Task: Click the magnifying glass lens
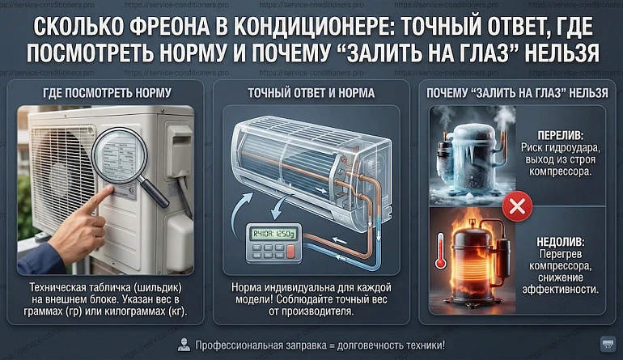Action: tap(119, 155)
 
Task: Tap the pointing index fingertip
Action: tap(108, 189)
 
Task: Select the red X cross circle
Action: tap(517, 206)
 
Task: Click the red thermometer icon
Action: tap(441, 252)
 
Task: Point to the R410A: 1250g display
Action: tap(273, 234)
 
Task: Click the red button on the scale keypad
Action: tap(290, 252)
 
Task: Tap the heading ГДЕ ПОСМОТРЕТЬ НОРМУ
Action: tap(107, 93)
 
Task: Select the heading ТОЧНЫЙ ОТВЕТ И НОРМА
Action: tap(311, 93)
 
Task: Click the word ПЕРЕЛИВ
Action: tap(560, 135)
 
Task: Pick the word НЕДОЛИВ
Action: tap(560, 242)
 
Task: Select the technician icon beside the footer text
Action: tap(184, 345)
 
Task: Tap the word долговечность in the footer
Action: tap(371, 345)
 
